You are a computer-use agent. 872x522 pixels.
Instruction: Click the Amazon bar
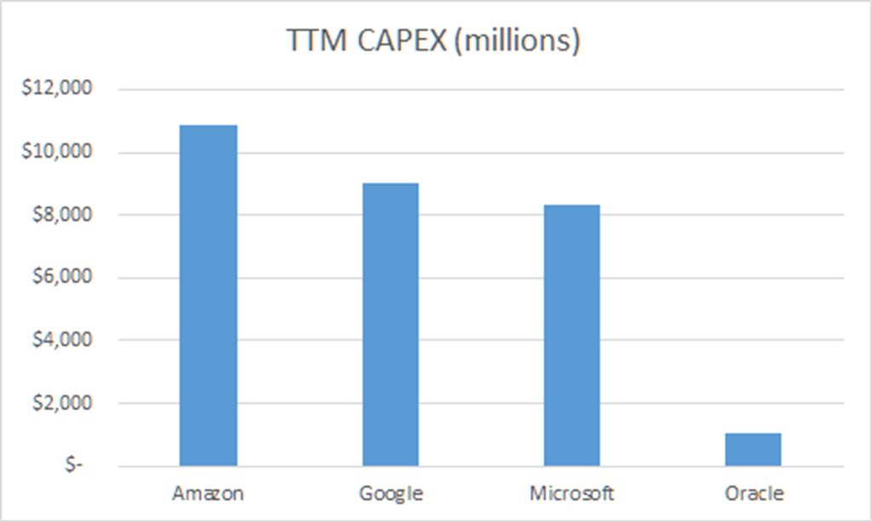(209, 295)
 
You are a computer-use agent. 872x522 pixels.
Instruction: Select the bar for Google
(390, 324)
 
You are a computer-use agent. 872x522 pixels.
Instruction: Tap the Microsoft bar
(571, 336)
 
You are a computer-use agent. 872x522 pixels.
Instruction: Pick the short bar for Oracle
(753, 450)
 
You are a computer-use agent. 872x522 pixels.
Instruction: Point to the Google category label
(390, 494)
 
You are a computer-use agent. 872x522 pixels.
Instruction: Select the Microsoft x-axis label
(571, 494)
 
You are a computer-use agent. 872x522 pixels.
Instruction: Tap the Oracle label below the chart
(753, 494)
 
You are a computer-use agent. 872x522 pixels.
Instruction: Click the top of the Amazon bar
(209, 126)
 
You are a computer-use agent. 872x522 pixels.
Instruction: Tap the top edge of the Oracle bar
(753, 434)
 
